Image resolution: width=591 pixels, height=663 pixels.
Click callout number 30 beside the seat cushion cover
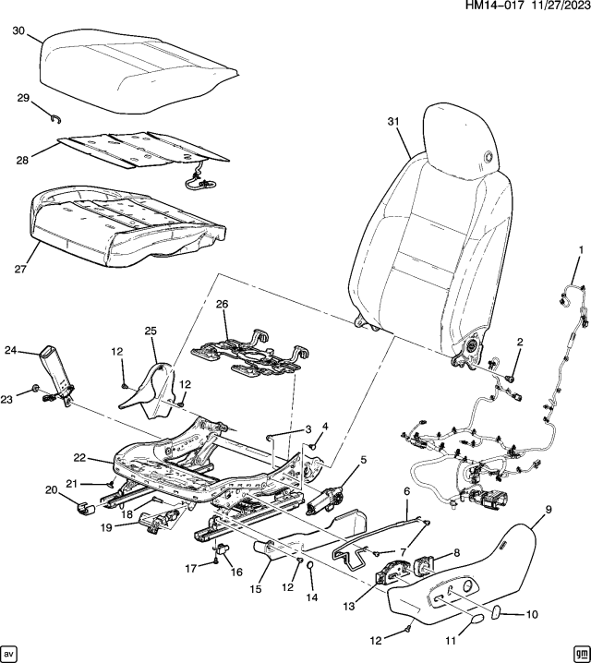click(19, 30)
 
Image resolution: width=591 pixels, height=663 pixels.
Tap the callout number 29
click(22, 97)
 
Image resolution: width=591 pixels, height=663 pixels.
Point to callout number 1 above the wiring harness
click(581, 250)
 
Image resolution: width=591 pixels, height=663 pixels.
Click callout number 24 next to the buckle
click(11, 350)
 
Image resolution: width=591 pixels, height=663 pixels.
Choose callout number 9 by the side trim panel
click(548, 509)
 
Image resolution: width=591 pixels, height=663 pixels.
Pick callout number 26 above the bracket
click(222, 304)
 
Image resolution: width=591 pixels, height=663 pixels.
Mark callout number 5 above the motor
click(363, 459)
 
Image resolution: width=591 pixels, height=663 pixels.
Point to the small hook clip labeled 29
click(55, 115)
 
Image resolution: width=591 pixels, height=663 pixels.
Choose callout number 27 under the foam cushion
click(19, 270)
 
